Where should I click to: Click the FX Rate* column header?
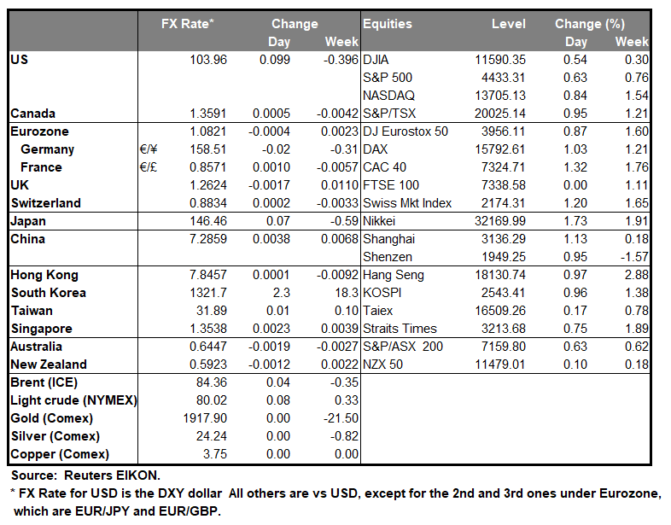[x=187, y=24]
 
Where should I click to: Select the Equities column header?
[x=388, y=24]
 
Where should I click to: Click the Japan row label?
[x=29, y=220]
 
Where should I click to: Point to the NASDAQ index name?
[x=389, y=96]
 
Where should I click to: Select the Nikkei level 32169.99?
[x=499, y=220]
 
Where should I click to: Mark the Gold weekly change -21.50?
[x=341, y=418]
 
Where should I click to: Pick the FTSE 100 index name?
[x=391, y=185]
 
